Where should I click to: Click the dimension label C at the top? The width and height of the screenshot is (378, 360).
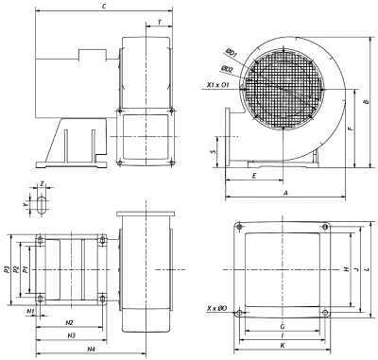pyautogui.click(x=104, y=6)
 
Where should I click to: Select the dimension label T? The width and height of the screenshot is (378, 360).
pyautogui.click(x=160, y=23)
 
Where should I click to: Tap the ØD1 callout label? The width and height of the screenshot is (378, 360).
pyautogui.click(x=232, y=53)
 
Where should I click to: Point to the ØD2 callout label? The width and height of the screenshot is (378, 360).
pyautogui.click(x=227, y=69)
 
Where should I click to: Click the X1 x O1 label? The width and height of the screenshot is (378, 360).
pyautogui.click(x=217, y=85)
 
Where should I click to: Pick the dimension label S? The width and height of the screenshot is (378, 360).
pyautogui.click(x=214, y=152)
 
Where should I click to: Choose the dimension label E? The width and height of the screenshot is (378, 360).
pyautogui.click(x=254, y=176)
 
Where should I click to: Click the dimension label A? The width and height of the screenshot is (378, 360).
pyautogui.click(x=286, y=193)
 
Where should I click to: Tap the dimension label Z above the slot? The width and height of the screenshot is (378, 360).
pyautogui.click(x=42, y=183)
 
